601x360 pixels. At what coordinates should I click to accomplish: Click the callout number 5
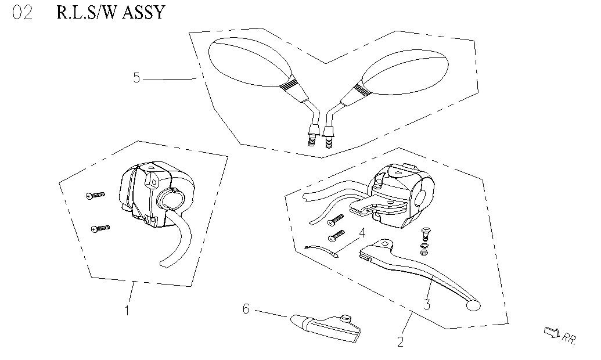pyautogui.click(x=136, y=77)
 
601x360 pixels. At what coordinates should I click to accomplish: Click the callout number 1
pyautogui.click(x=127, y=310)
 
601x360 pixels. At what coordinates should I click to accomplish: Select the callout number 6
pyautogui.click(x=246, y=309)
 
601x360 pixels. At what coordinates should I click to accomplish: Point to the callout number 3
pyautogui.click(x=427, y=304)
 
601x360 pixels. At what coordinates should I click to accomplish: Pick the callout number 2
pyautogui.click(x=401, y=341)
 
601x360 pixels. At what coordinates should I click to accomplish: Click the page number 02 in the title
pyautogui.click(x=23, y=13)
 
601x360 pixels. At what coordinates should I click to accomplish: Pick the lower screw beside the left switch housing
pyautogui.click(x=100, y=229)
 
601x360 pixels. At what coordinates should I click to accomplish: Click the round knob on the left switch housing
pyautogui.click(x=171, y=199)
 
